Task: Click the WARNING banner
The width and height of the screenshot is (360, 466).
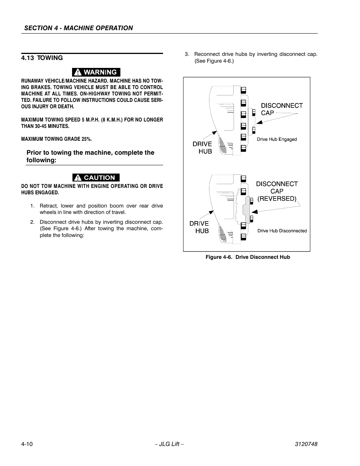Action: click(x=96, y=72)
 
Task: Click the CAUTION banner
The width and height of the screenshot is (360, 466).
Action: click(x=96, y=177)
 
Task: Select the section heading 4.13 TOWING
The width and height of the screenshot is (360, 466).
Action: click(x=42, y=58)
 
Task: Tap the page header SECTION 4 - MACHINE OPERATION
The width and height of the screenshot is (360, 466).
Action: click(x=78, y=28)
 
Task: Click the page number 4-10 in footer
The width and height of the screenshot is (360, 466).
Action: click(x=27, y=444)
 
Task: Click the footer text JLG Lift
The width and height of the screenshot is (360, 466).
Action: click(x=169, y=444)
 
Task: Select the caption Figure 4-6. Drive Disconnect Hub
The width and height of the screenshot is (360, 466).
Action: click(x=248, y=257)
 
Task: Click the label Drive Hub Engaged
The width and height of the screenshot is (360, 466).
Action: click(x=277, y=139)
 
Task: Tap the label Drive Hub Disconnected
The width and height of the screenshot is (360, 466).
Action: click(x=282, y=231)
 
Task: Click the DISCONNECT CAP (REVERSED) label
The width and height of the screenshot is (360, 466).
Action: click(x=277, y=191)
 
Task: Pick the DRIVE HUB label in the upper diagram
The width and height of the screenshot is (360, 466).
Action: click(x=203, y=148)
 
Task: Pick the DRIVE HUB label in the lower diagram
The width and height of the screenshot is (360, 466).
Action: click(x=199, y=227)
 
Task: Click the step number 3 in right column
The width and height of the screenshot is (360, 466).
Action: click(x=186, y=54)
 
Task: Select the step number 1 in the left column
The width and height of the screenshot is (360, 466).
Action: click(x=32, y=206)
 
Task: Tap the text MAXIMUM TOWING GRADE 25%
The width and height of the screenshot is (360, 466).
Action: click(x=56, y=139)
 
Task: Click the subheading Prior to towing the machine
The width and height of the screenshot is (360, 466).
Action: click(x=90, y=156)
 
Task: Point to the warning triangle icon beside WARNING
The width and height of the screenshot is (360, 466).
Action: click(x=77, y=72)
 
